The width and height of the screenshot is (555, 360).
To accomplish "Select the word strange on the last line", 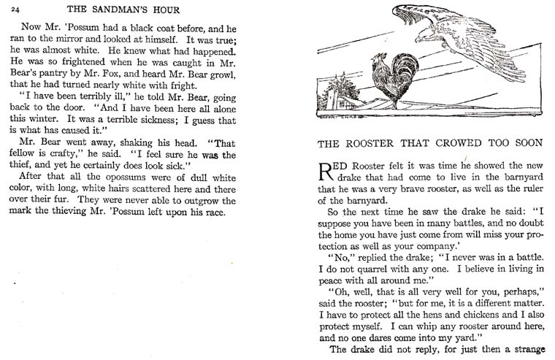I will pyautogui.click(x=529, y=349).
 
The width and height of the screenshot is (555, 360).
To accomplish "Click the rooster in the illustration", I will pyautogui.click(x=384, y=79).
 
